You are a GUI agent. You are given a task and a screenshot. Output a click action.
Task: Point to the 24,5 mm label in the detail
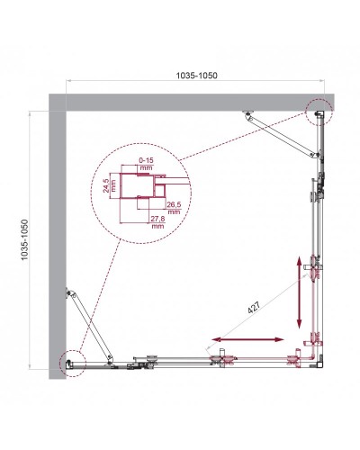point(106,188)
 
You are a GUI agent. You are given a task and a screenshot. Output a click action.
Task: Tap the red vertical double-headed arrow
point(298,292)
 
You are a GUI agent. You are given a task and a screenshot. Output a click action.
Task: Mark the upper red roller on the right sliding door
point(316,268)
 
